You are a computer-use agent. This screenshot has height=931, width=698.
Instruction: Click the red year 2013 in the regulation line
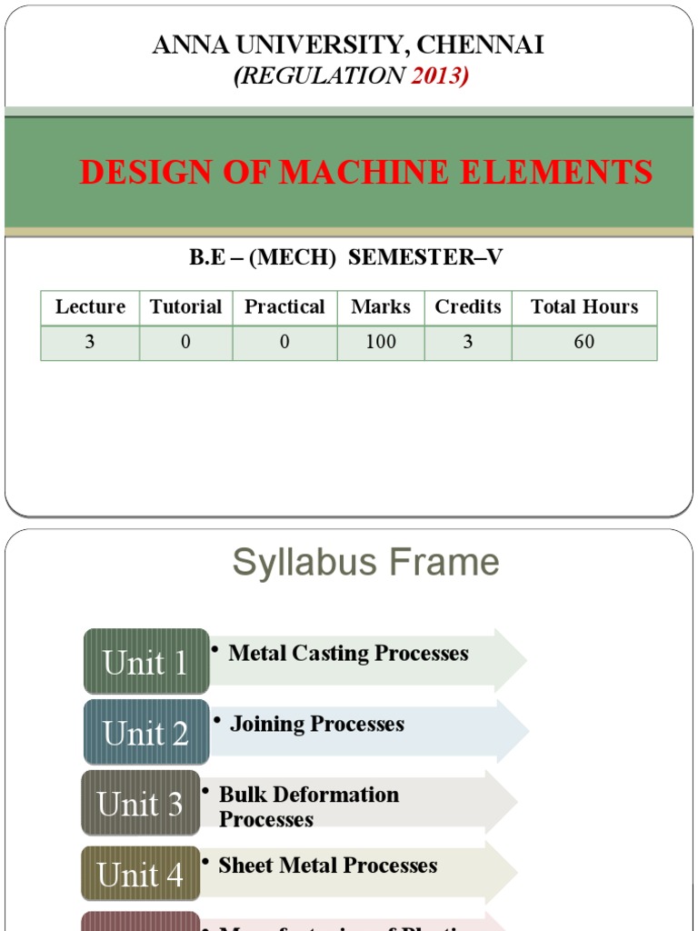click(438, 76)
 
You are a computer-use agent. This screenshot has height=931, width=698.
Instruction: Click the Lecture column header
click(90, 307)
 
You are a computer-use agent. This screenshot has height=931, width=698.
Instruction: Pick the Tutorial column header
click(185, 307)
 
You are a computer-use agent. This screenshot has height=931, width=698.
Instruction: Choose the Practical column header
click(284, 307)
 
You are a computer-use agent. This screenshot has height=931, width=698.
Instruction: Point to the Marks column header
click(381, 307)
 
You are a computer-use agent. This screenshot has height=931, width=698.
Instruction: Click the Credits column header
click(468, 307)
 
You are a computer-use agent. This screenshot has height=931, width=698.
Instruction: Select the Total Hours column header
click(584, 307)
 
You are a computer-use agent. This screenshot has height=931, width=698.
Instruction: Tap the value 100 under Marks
click(381, 342)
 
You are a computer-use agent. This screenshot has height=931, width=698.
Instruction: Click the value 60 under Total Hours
click(584, 342)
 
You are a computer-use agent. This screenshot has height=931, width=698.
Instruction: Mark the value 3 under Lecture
click(90, 342)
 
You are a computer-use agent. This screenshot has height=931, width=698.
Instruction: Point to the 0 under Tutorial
click(185, 342)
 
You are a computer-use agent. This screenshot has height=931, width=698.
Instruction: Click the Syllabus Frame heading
click(365, 562)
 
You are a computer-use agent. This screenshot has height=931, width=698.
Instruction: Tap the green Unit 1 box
click(145, 662)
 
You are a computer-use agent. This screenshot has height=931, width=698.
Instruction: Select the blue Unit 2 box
click(145, 732)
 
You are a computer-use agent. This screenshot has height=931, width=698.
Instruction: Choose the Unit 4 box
click(140, 875)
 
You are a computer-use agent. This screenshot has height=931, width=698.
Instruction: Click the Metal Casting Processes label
click(348, 653)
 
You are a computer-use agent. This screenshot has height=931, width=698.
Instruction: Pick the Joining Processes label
click(316, 724)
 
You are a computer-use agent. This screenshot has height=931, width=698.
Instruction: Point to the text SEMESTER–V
click(425, 257)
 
